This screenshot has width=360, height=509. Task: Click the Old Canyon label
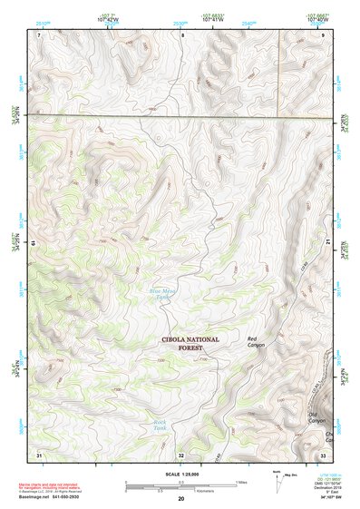[316, 418]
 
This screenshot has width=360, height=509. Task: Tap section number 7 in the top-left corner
[39, 34]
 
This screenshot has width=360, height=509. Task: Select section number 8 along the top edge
[181, 34]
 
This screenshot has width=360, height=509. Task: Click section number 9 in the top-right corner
[324, 34]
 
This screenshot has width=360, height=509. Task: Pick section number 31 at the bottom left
[38, 454]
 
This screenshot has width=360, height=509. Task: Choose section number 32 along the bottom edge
[181, 455]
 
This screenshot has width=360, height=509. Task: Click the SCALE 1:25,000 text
[180, 472]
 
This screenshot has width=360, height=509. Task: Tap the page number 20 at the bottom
[180, 498]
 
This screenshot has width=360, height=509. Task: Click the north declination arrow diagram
[277, 481]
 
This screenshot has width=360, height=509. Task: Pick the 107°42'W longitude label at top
[108, 19]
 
